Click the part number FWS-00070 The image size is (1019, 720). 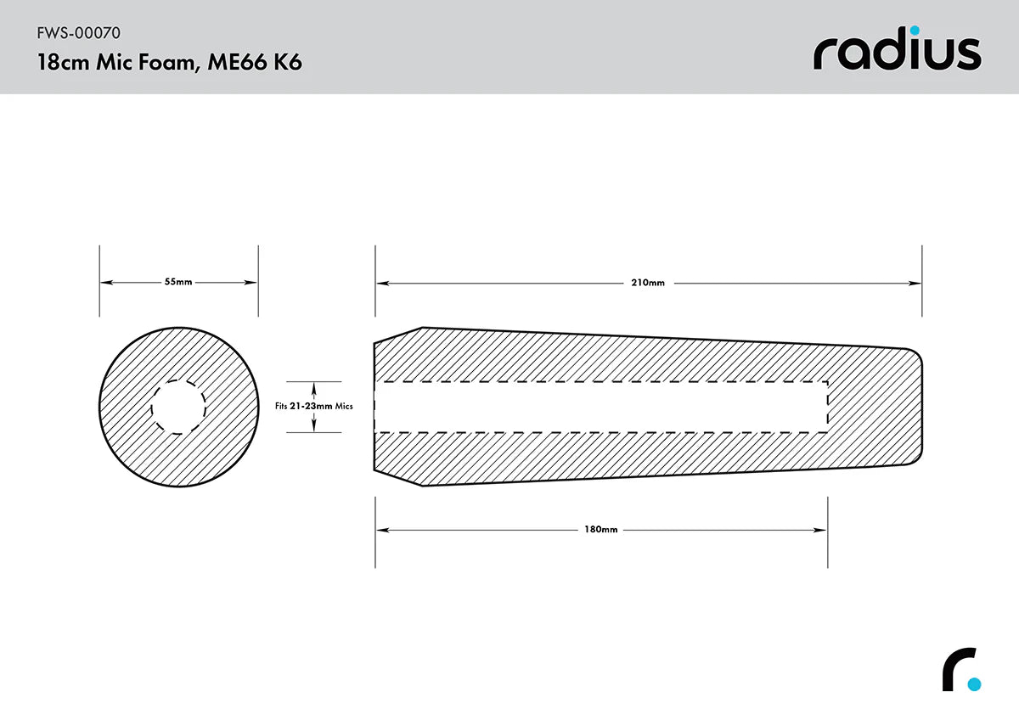pyautogui.click(x=78, y=34)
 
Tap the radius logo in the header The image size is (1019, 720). pyautogui.click(x=897, y=53)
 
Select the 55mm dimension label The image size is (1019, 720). pyautogui.click(x=178, y=282)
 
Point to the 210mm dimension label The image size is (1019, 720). pyautogui.click(x=648, y=283)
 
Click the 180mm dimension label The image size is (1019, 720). pyautogui.click(x=600, y=530)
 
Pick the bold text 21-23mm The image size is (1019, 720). pyautogui.click(x=311, y=407)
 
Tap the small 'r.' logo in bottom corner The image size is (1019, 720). pyautogui.click(x=960, y=671)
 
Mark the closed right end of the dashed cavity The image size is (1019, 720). pyautogui.click(x=827, y=407)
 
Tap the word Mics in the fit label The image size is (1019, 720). pyautogui.click(x=344, y=407)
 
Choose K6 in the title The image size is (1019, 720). pyautogui.click(x=288, y=63)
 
